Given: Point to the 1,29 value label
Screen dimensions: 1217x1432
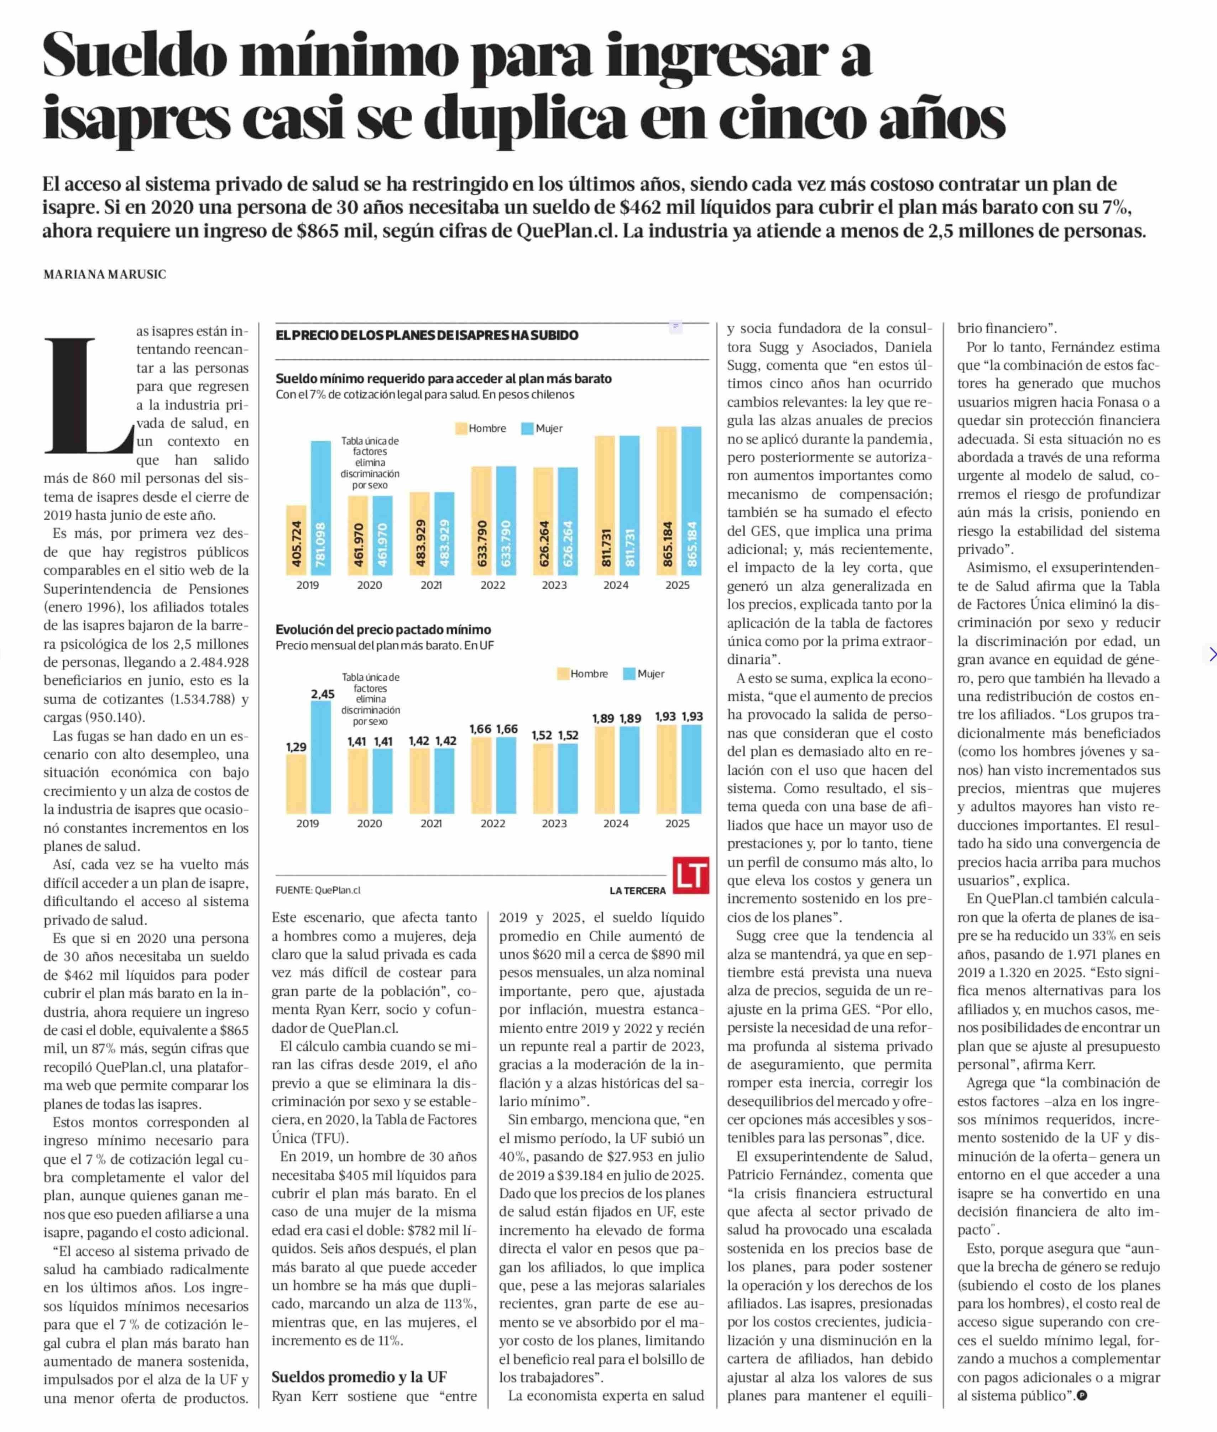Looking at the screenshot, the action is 296,747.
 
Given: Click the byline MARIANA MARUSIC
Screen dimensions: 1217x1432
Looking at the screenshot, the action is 105,274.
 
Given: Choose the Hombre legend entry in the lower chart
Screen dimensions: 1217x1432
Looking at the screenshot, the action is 581,674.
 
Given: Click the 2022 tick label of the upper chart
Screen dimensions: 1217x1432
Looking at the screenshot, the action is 492,585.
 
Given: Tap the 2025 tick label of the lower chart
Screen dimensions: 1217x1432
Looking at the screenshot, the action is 678,823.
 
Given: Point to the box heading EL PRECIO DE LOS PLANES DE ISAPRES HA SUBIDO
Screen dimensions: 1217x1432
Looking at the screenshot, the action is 426,335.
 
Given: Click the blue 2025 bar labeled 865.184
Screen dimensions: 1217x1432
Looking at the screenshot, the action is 691,501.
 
